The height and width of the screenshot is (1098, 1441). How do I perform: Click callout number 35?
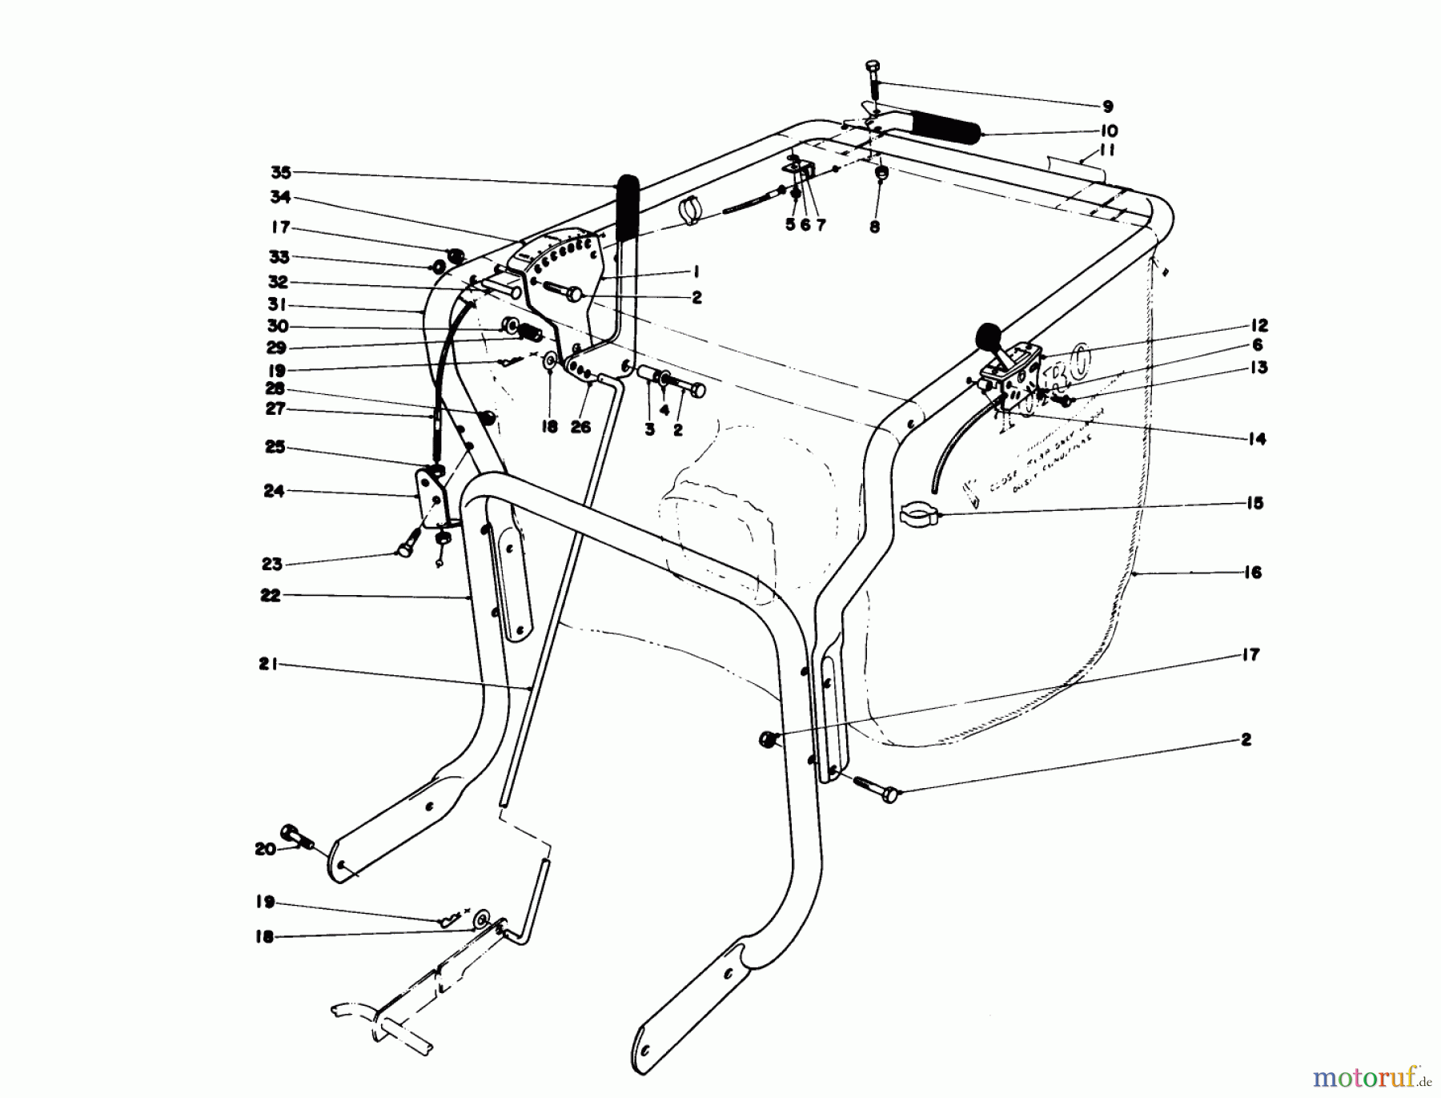coord(280,172)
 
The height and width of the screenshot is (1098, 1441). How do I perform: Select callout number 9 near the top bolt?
coord(1107,107)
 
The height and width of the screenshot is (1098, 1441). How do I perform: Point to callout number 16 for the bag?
coord(1253,573)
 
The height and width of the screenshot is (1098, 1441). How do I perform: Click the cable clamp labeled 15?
coord(919,513)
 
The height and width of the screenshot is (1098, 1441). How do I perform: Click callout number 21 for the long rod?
coord(267,664)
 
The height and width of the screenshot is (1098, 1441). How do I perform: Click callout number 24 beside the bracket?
coord(274,490)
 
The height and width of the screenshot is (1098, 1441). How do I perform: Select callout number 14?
coord(1257,439)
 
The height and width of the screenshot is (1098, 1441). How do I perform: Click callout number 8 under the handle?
coord(874,227)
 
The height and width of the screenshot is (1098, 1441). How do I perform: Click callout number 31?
coord(278,305)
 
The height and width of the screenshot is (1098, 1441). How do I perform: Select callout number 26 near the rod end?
coord(580,428)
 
